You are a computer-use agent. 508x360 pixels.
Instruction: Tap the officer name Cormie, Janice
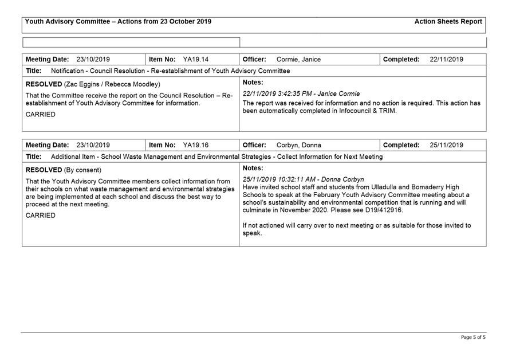[x=298, y=60]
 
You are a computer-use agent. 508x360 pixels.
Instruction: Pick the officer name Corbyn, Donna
[x=298, y=146]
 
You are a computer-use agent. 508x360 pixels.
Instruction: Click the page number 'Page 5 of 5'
[x=472, y=338]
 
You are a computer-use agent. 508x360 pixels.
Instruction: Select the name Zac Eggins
[x=81, y=85]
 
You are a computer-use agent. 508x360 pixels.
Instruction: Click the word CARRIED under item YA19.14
[x=41, y=115]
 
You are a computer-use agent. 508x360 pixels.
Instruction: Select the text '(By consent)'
[x=82, y=170]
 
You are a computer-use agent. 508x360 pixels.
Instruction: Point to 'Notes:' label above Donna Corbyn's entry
[x=253, y=168]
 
